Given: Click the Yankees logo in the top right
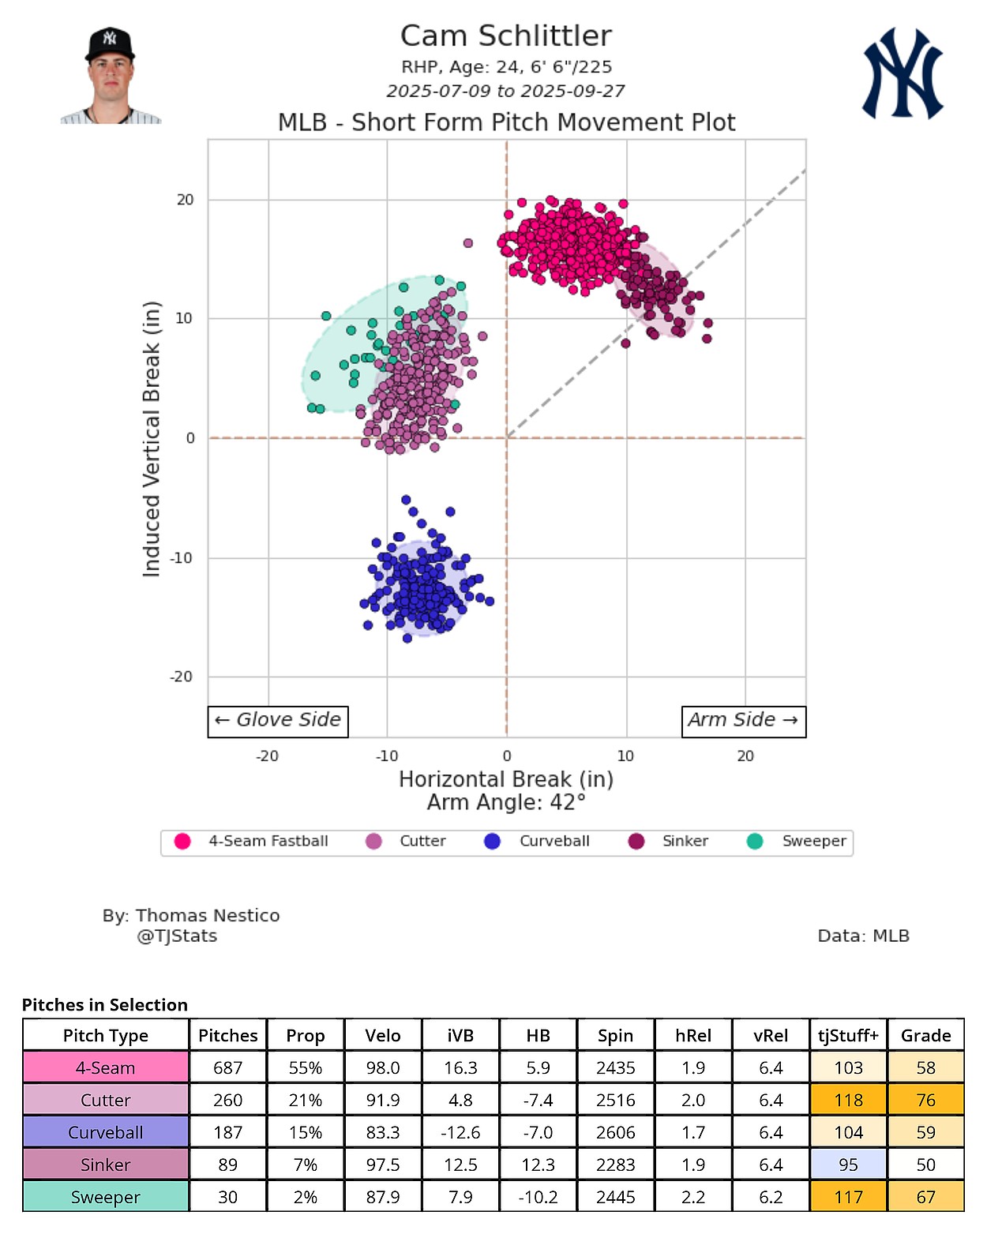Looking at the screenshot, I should (903, 73).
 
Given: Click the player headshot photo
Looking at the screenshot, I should (111, 77).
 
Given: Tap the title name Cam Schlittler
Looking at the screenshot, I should (505, 36).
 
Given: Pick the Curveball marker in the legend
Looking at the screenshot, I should (493, 842).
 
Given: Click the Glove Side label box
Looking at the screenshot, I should (278, 721).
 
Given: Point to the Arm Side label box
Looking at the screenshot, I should (743, 721).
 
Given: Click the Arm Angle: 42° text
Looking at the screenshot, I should (506, 803).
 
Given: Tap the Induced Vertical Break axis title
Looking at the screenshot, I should (151, 439).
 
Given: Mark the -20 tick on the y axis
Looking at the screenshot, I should (182, 677).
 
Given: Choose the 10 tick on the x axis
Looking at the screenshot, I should (625, 756).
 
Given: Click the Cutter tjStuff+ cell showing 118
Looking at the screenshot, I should (849, 1100).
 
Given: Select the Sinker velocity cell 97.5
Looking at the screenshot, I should (383, 1165).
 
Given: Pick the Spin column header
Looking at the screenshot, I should (616, 1035).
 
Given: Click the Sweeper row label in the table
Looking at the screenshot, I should (106, 1197).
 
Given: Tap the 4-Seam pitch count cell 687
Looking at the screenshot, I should (227, 1067).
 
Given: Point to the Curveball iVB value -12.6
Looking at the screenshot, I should (460, 1132).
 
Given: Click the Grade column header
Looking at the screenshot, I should (925, 1035).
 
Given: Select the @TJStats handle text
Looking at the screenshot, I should (177, 936).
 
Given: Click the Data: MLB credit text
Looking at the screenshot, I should (863, 936).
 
